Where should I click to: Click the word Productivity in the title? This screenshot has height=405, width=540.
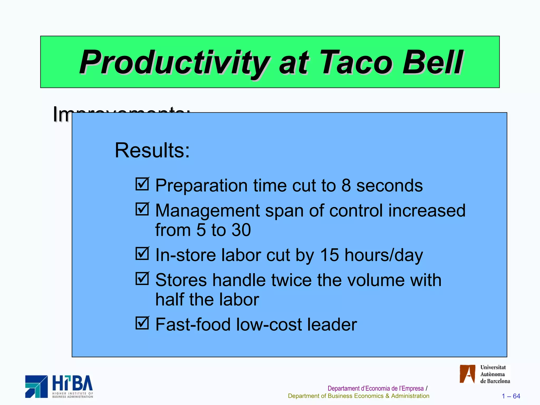point(174,62)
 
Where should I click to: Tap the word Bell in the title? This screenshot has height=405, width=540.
point(432,62)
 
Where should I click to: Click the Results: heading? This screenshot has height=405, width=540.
point(152,150)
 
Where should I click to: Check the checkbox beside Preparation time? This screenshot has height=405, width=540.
point(142,184)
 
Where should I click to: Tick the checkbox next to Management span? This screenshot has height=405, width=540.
point(142,209)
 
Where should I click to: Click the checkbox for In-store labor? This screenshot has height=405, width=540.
point(142,253)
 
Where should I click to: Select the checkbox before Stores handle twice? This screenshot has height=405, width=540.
point(142,278)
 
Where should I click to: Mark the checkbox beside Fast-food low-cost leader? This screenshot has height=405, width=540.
point(142,323)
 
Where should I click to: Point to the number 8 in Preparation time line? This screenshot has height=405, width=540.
point(346,185)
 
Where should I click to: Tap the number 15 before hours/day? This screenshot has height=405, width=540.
point(329,255)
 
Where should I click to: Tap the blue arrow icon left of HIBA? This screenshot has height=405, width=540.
point(36,386)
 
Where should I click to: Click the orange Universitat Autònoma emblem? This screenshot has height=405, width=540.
point(467,374)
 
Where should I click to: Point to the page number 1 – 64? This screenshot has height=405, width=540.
point(511,396)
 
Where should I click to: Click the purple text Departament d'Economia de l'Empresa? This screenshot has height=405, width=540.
point(375,388)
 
